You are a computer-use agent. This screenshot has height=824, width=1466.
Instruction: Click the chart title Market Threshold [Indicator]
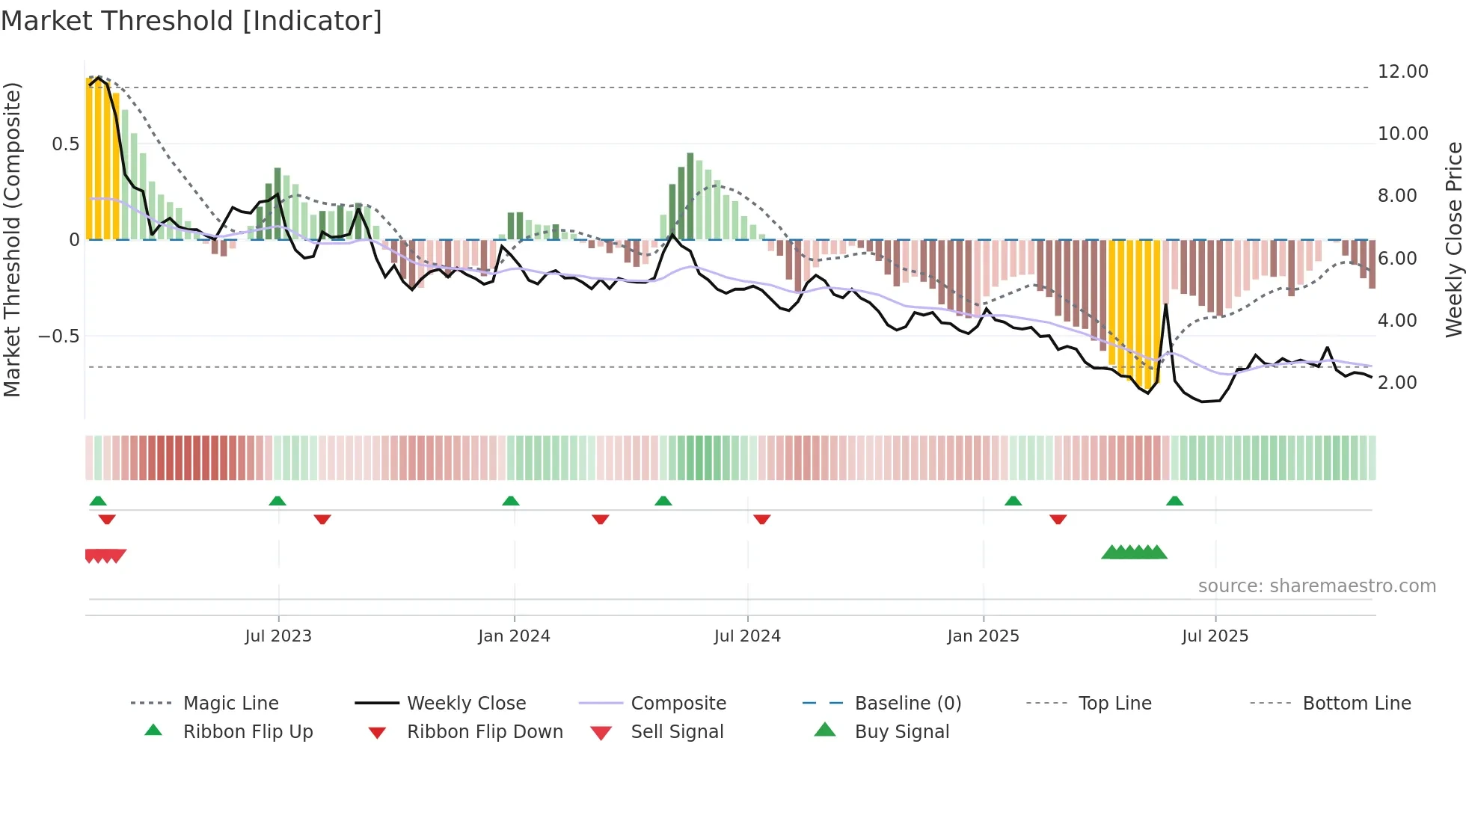191,21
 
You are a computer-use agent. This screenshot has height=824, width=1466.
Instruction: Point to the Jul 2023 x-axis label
278,636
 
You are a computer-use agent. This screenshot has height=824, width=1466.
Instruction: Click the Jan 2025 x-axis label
983,636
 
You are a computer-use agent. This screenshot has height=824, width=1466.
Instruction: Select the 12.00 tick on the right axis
1402,72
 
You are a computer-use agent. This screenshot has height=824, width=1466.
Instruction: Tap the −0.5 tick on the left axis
59,336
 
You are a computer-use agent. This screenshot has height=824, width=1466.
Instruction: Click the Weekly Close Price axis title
1453,239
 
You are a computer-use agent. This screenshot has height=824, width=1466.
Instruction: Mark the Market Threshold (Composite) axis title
12,239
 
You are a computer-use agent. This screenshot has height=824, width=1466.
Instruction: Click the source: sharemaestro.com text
1316,586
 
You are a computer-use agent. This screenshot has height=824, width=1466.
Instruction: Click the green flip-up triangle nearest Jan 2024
511,501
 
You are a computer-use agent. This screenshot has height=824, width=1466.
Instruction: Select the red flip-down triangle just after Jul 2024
762,519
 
